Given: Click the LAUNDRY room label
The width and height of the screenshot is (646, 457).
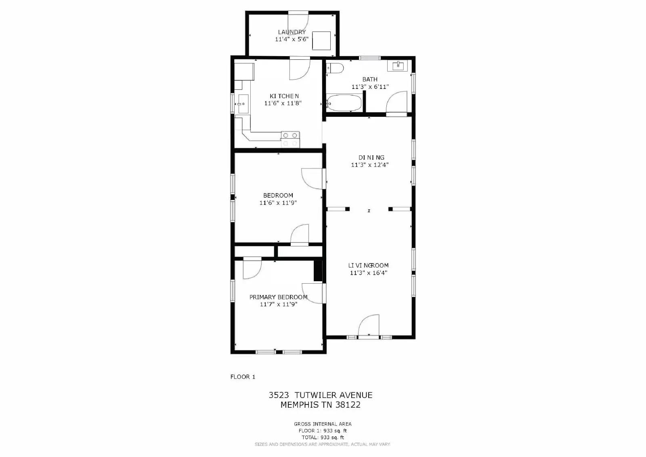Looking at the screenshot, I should [x=292, y=32].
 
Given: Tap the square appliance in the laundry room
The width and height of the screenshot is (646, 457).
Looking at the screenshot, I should [x=321, y=40].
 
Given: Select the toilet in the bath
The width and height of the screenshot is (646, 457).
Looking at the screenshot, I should [x=335, y=68].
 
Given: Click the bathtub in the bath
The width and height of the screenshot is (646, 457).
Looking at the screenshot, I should [x=344, y=103].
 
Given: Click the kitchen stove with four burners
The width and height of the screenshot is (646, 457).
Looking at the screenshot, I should [x=290, y=139].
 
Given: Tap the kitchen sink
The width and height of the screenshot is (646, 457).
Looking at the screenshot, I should [x=243, y=104].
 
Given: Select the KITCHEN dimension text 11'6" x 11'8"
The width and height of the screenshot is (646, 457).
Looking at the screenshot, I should [x=283, y=103].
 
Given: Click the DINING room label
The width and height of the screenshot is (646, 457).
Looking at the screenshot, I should [x=371, y=158].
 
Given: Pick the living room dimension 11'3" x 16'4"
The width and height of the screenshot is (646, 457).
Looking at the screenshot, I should [x=369, y=273].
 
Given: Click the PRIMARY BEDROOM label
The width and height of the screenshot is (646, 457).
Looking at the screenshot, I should [x=278, y=297].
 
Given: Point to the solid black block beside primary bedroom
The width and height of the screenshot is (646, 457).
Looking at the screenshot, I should [x=318, y=271].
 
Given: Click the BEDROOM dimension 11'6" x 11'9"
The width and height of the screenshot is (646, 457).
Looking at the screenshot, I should [x=278, y=203].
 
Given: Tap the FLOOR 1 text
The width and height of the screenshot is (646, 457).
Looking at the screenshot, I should [x=243, y=377].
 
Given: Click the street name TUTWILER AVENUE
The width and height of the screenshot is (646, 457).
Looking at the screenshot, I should [x=333, y=395].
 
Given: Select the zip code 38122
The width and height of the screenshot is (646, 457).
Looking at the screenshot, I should [x=348, y=405].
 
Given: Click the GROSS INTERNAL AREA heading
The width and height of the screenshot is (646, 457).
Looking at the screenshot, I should [x=323, y=424].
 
